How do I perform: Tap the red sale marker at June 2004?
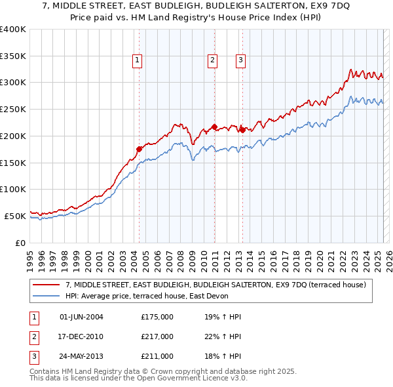[x=139, y=149]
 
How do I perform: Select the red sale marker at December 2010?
[x=214, y=127]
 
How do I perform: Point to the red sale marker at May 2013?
[x=242, y=130]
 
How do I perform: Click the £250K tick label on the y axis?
[x=13, y=109]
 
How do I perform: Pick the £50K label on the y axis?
[x=16, y=215]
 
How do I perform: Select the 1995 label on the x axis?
[x=30, y=258]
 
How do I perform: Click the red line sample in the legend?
[x=47, y=285]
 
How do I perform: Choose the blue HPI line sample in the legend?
[x=47, y=296]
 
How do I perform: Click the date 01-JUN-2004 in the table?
[x=81, y=317]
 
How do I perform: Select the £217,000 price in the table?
[x=157, y=336]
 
